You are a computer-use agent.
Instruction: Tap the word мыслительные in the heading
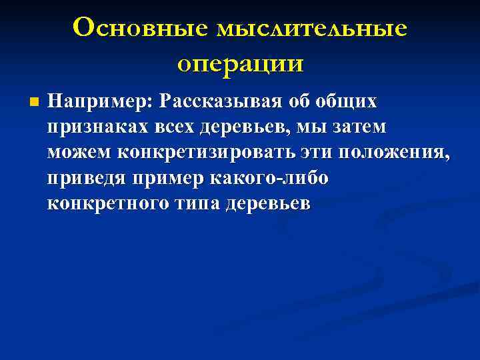pos(311,28)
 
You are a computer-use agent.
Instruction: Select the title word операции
pos(240,63)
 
